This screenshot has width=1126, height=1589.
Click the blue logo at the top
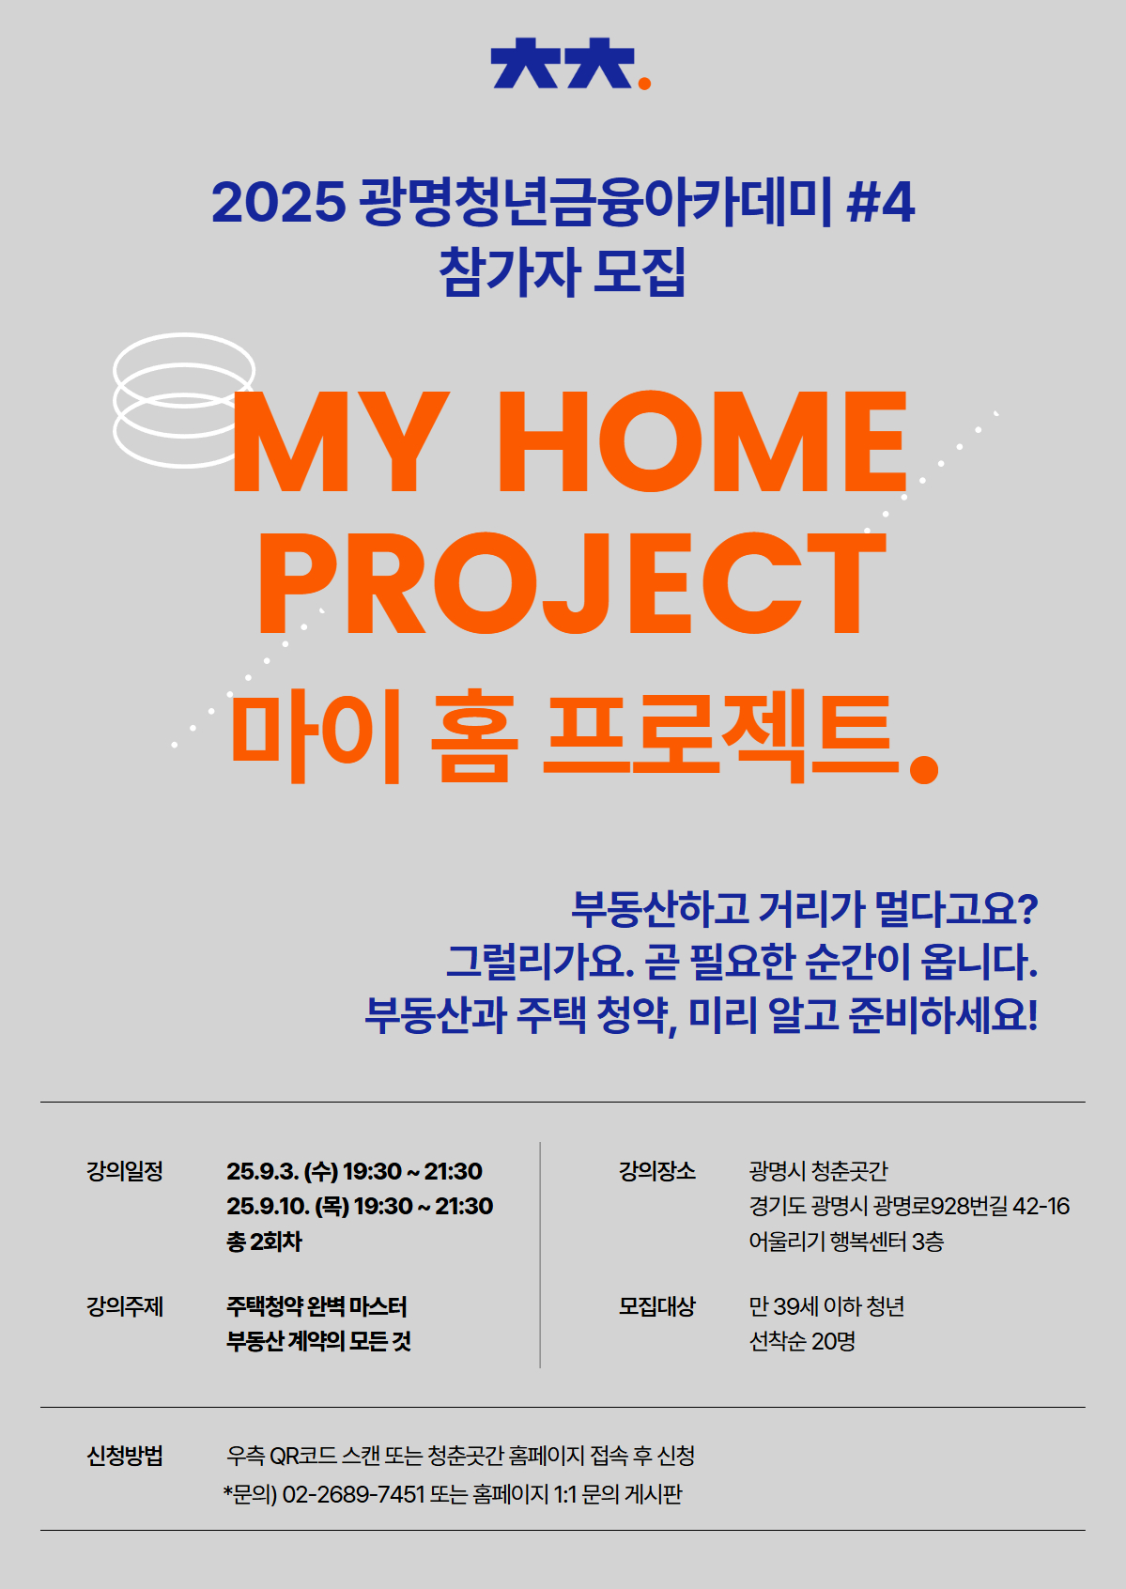pyautogui.click(x=562, y=64)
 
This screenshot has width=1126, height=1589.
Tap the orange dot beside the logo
pyautogui.click(x=644, y=84)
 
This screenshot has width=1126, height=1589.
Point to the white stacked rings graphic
pyautogui.click(x=183, y=400)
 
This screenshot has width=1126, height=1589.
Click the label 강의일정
pyautogui.click(x=125, y=1171)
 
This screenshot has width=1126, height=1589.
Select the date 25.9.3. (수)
pyautogui.click(x=282, y=1171)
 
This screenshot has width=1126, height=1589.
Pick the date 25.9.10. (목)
pyautogui.click(x=287, y=1206)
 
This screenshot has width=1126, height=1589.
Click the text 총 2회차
pyautogui.click(x=264, y=1242)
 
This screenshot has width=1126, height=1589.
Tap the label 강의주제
pyautogui.click(x=125, y=1306)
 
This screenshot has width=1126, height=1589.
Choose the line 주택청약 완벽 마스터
pyautogui.click(x=316, y=1306)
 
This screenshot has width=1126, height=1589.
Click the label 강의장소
pyautogui.click(x=656, y=1171)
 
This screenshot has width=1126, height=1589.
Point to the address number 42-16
pyautogui.click(x=1041, y=1206)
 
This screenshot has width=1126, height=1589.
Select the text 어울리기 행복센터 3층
pyautogui.click(x=846, y=1242)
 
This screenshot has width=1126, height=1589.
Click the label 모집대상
pyautogui.click(x=656, y=1306)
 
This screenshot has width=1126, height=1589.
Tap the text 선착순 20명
pyautogui.click(x=802, y=1341)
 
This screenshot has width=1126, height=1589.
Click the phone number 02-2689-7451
pyautogui.click(x=353, y=1493)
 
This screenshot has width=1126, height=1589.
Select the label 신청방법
pyautogui.click(x=125, y=1456)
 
